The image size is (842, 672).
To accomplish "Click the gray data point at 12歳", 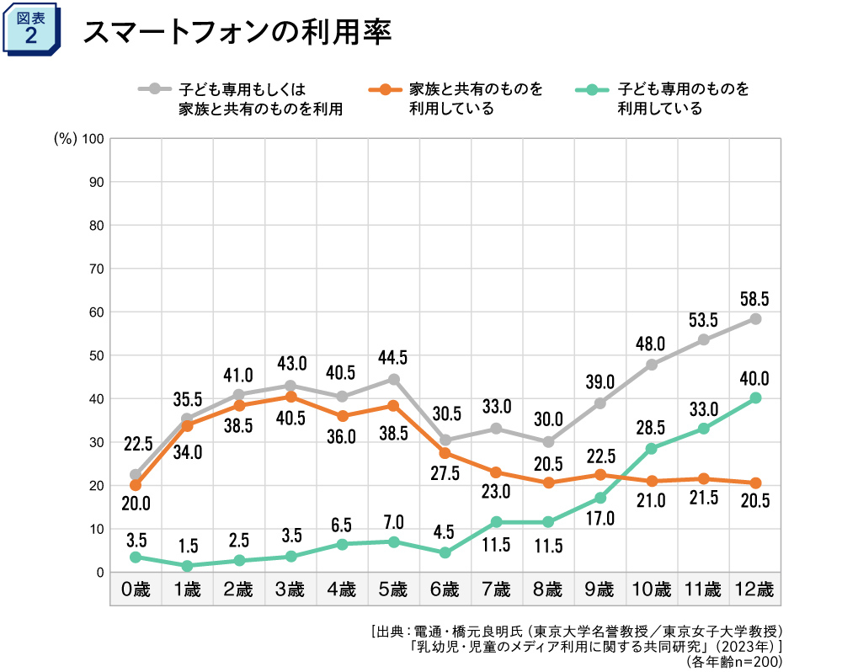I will (x=755, y=319).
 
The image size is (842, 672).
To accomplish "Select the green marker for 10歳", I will (x=652, y=449).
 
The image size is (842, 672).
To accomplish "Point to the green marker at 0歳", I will (x=136, y=557).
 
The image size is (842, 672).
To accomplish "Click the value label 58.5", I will (x=754, y=298).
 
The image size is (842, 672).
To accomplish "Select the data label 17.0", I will (x=600, y=520).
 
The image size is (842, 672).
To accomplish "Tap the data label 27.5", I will (x=445, y=473).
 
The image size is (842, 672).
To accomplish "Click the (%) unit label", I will (x=65, y=139).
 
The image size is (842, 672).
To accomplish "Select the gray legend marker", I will (x=155, y=88).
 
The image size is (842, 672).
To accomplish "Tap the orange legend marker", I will (x=386, y=88).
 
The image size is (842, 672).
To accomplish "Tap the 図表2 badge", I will (x=31, y=29).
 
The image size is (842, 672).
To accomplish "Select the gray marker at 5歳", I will (x=393, y=379).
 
